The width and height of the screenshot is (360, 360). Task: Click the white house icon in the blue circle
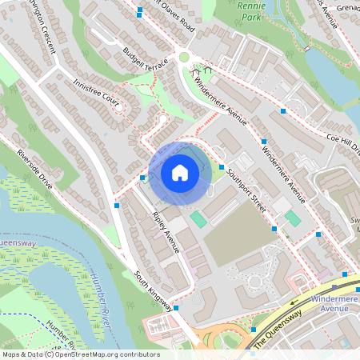(x=180, y=172)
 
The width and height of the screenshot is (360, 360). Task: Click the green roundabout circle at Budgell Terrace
(x=184, y=57)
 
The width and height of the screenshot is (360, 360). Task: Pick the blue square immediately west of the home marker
(x=142, y=178)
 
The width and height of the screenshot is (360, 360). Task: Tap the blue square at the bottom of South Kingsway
(x=176, y=307)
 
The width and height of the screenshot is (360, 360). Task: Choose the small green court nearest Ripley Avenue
(x=198, y=218)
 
